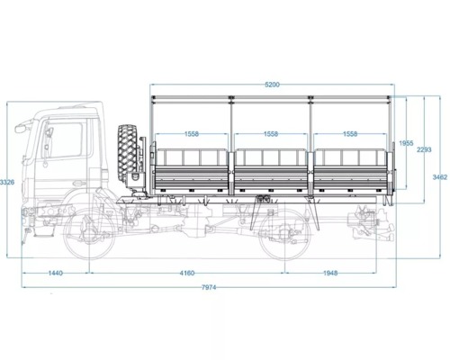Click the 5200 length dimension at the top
pyautogui.click(x=272, y=85)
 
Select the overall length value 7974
pyautogui.click(x=209, y=287)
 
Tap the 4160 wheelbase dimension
pyautogui.click(x=187, y=273)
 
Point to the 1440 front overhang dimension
pyautogui.click(x=56, y=273)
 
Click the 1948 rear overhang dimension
pyautogui.click(x=330, y=273)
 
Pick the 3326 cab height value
pyautogui.click(x=7, y=182)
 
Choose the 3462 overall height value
pyautogui.click(x=440, y=177)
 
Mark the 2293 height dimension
pyautogui.click(x=424, y=149)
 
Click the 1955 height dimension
pyautogui.click(x=406, y=143)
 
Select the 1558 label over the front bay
pyautogui.click(x=192, y=134)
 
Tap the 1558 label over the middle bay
pyautogui.click(x=271, y=134)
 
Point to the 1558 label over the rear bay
pyautogui.click(x=350, y=134)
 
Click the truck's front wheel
pyautogui.click(x=89, y=233)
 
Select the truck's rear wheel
pyautogui.click(x=284, y=233)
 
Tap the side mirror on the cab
pyautogui.click(x=22, y=128)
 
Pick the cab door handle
pyautogui.click(x=78, y=183)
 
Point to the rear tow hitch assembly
pyautogui.click(x=368, y=224)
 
